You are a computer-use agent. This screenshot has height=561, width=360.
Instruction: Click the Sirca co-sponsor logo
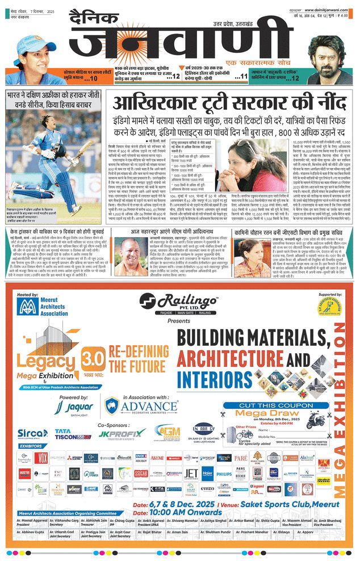coord(33,434)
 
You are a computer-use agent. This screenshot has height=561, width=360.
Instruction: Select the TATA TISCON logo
coord(73,434)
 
